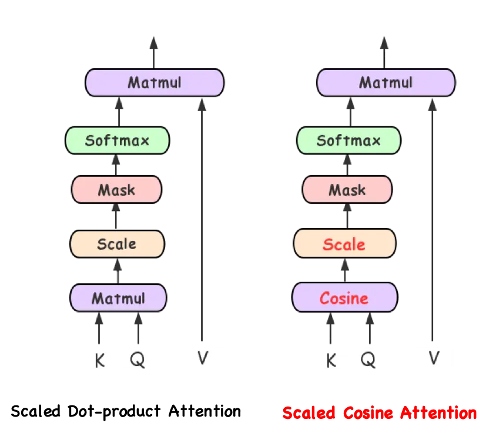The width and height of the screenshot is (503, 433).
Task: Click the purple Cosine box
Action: pos(344,298)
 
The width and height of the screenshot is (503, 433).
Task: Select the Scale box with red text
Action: pos(344,244)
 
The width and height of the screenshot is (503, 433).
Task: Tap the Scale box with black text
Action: pos(116,244)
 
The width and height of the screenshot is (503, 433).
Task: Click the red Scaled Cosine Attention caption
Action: pos(380,414)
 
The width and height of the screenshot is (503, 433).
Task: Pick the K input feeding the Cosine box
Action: pos(331,359)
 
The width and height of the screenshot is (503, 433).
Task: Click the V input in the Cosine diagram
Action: pos(434,357)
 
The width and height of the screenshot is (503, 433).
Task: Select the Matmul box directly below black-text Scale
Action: pos(118,298)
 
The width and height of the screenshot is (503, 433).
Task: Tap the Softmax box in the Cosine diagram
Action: pos(348,140)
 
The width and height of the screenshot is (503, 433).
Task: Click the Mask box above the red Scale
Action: pos(347,190)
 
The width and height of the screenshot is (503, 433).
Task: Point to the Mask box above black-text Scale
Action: pos(116,190)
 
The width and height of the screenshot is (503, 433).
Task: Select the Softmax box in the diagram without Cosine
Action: pos(118,140)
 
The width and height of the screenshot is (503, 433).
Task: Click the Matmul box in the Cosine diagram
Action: pos(385,82)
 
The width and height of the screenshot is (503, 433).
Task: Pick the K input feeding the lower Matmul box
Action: pos(100,359)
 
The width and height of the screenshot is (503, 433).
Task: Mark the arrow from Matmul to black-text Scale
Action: pos(117,270)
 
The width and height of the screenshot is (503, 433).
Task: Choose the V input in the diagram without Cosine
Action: pos(203,357)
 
